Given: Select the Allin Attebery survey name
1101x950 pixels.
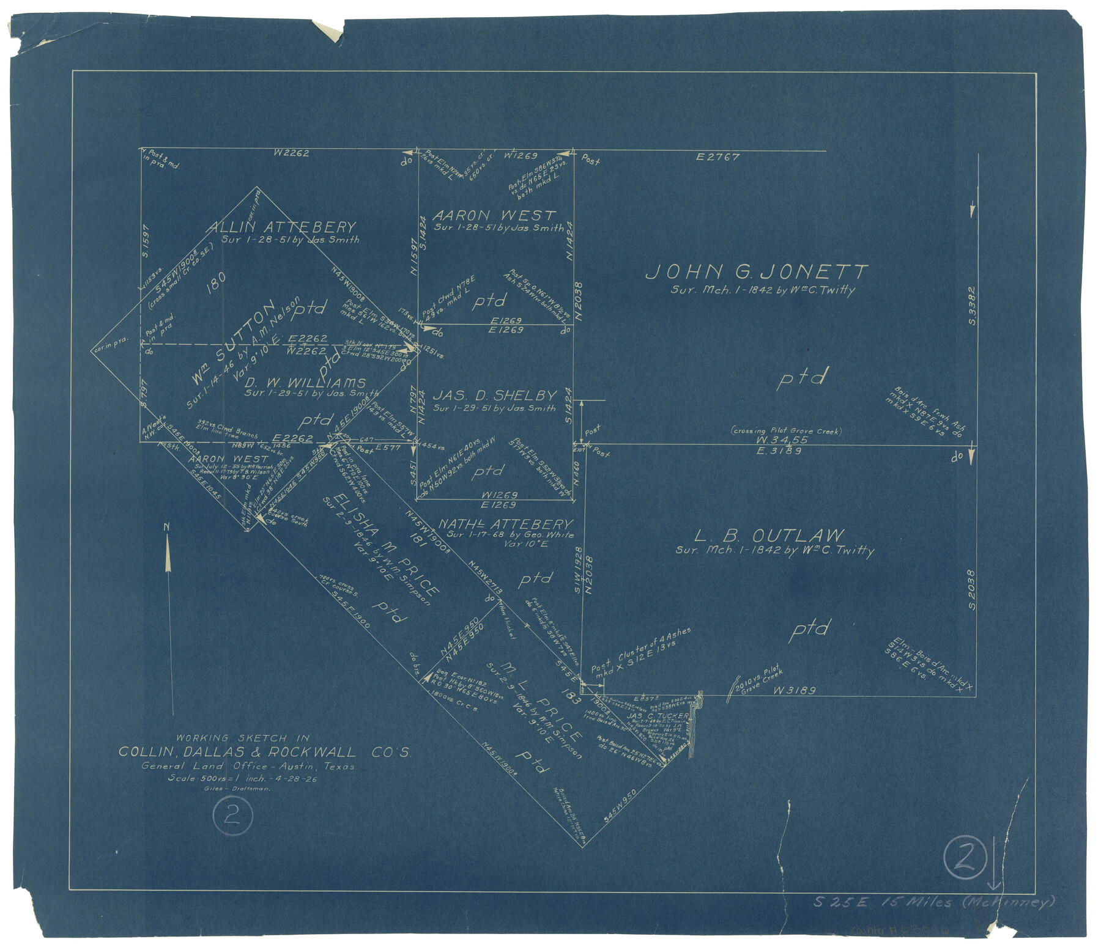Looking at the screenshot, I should [283, 227].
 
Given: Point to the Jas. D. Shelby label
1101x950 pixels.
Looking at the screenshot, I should [494, 396].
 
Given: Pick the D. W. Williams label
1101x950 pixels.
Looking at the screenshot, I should [305, 383].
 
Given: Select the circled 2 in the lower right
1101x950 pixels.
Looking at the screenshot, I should [965, 858].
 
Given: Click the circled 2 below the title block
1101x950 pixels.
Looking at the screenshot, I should [231, 816].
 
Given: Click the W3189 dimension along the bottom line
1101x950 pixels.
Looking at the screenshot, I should [795, 691].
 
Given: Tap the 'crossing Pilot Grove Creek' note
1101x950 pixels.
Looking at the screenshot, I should [786, 431].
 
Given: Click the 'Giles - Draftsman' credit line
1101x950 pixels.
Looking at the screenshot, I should [238, 788].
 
